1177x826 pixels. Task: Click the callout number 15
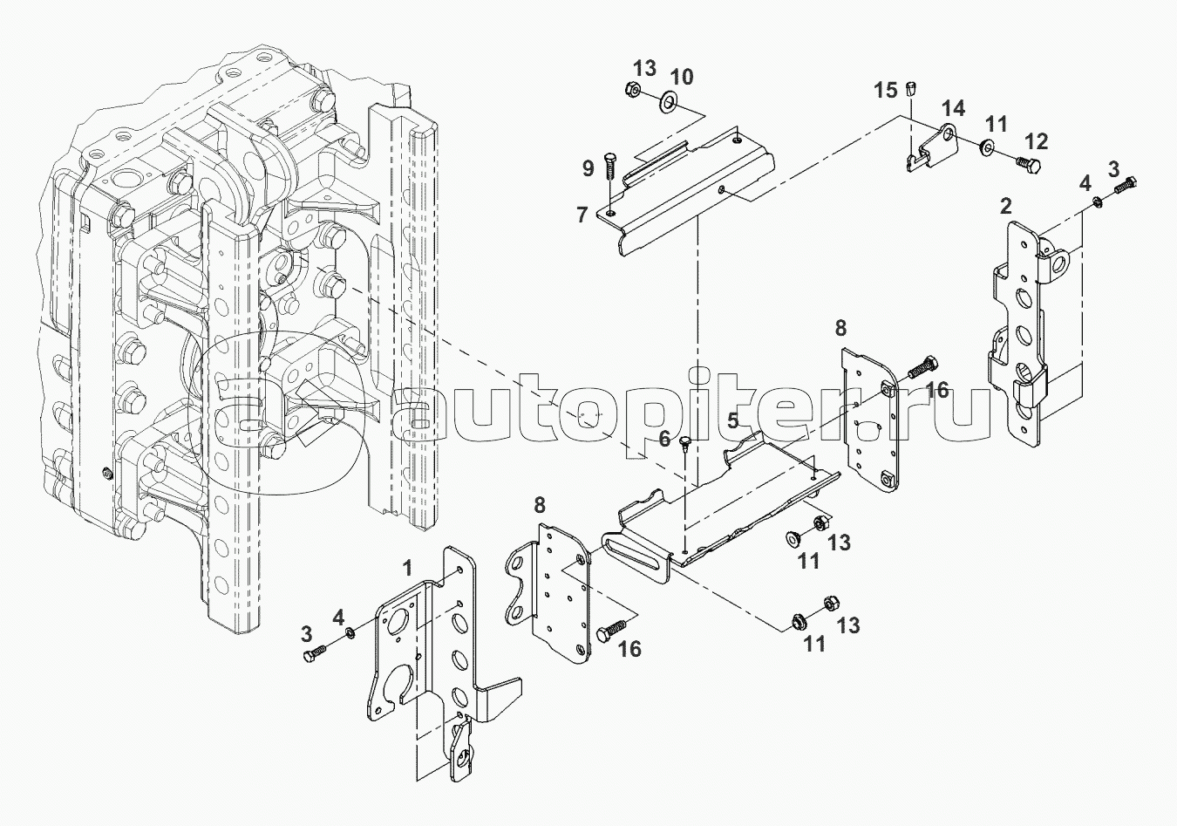pos(886,91)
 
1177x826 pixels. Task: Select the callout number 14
pos(953,109)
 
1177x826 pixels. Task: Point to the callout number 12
pos(1036,141)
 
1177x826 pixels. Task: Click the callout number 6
pos(664,439)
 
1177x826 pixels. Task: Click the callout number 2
pos(1005,206)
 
